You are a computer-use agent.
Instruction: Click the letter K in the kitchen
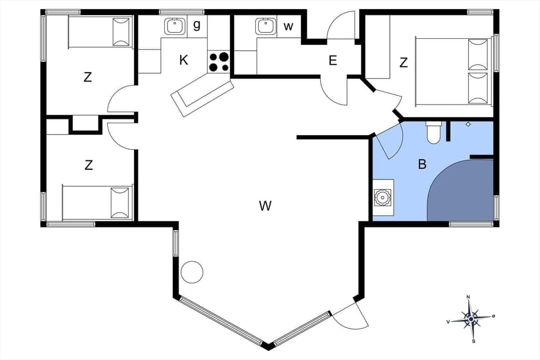(184, 60)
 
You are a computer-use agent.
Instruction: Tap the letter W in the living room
(265, 206)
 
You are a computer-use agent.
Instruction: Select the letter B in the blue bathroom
(422, 164)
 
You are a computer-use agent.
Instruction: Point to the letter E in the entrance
(333, 61)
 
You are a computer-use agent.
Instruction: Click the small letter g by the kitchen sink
(196, 25)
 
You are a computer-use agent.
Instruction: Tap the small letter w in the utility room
(289, 26)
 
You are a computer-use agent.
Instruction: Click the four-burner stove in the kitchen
(219, 62)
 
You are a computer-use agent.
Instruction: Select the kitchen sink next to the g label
(175, 26)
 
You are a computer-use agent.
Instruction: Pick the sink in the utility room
(265, 26)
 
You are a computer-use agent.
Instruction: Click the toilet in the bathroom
(434, 132)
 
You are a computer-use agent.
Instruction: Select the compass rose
(470, 319)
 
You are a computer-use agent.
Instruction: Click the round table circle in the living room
(192, 272)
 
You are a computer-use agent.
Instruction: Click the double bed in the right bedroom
(453, 71)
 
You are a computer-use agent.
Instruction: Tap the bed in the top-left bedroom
(100, 32)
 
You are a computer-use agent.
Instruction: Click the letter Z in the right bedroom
(403, 63)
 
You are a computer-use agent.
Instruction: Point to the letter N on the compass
(468, 297)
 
